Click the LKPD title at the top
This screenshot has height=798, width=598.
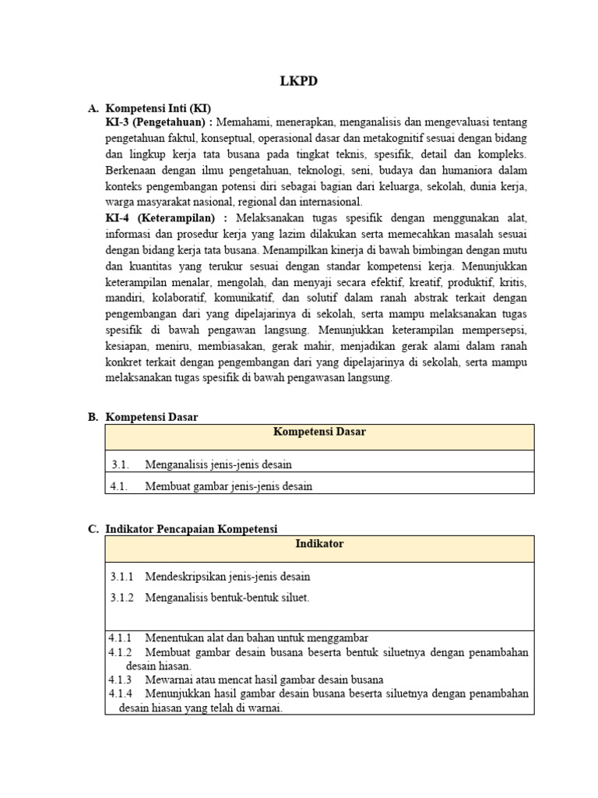[299, 80]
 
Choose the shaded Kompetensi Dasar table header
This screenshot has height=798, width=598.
[319, 433]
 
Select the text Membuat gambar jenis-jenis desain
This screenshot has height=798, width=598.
[228, 486]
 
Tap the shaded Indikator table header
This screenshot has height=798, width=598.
[319, 544]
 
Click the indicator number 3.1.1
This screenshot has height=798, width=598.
[121, 577]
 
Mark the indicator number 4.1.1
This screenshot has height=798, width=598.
[121, 637]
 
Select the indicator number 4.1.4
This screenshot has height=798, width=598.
[121, 694]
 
